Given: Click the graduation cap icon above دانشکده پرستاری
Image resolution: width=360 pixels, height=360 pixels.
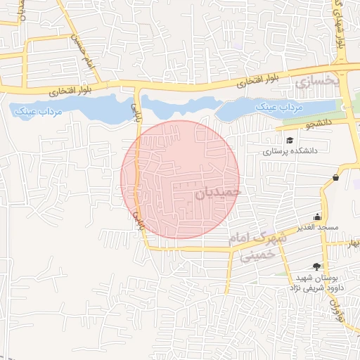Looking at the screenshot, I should click(x=290, y=139).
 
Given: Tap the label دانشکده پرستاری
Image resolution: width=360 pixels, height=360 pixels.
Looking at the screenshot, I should click(x=290, y=150).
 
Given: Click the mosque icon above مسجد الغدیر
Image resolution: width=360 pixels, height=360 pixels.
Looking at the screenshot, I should click(x=317, y=217).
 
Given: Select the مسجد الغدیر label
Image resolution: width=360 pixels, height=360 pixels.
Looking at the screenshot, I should click(x=317, y=227).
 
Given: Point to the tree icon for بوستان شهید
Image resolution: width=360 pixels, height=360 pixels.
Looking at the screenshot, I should click(x=316, y=266).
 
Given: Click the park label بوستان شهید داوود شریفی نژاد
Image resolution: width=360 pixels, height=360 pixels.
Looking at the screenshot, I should click(x=316, y=282).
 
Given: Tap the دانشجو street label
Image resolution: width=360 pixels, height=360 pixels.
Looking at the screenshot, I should click(x=317, y=124).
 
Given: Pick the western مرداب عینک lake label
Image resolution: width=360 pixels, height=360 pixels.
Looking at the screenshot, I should click(x=37, y=112).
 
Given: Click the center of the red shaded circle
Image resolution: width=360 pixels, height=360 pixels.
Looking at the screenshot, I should click(x=180, y=179).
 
